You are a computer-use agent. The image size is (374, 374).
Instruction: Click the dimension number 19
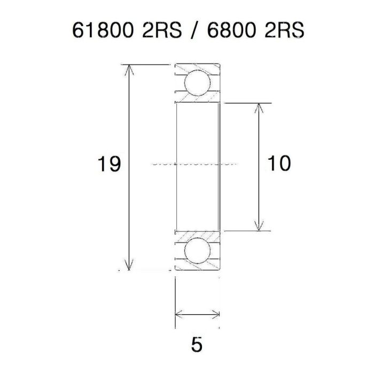click(108, 165)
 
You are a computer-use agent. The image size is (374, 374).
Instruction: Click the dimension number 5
click(197, 345)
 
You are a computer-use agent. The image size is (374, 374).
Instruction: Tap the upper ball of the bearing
click(197, 82)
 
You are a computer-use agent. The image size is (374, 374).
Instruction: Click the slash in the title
click(188, 30)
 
